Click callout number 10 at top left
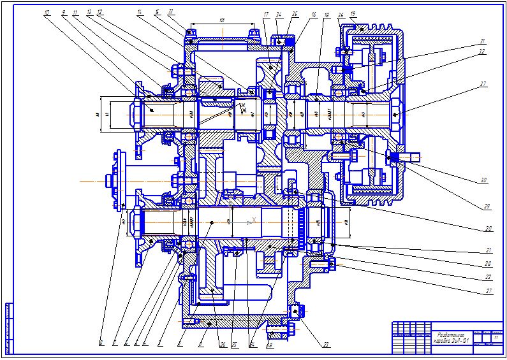(x=47, y=12)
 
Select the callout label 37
(x=484, y=83)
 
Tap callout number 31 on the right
(x=482, y=42)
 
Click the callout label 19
(x=353, y=13)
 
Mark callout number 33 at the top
(x=171, y=11)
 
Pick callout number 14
(x=139, y=12)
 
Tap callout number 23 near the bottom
(x=326, y=345)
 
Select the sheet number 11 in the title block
(x=495, y=336)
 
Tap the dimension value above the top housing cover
(x=221, y=20)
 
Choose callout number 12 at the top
(x=100, y=12)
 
